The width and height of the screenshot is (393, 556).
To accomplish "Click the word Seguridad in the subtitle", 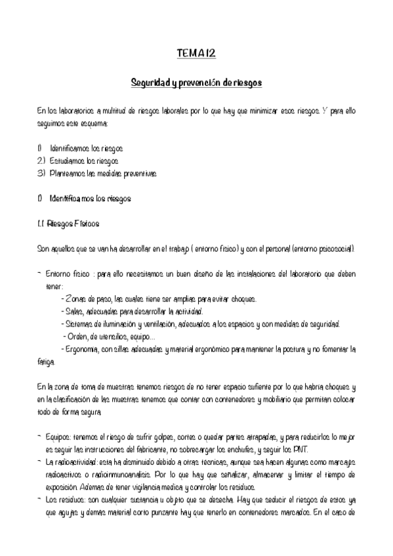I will [x=150, y=84].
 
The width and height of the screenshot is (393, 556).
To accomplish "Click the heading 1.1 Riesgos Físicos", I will [x=73, y=223].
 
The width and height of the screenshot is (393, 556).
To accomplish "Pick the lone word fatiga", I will [x=47, y=361].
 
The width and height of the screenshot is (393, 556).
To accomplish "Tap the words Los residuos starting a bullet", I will [x=65, y=499].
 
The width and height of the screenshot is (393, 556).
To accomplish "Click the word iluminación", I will [x=119, y=324].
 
